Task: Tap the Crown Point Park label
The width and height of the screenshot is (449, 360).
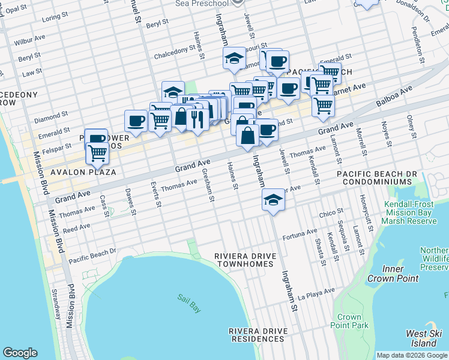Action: (x=349, y=321)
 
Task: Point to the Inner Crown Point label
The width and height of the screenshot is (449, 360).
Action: (x=393, y=274)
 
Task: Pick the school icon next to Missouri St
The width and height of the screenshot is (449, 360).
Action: (x=234, y=58)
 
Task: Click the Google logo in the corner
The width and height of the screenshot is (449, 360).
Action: (x=20, y=353)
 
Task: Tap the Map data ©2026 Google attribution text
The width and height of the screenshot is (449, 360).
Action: (x=412, y=355)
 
